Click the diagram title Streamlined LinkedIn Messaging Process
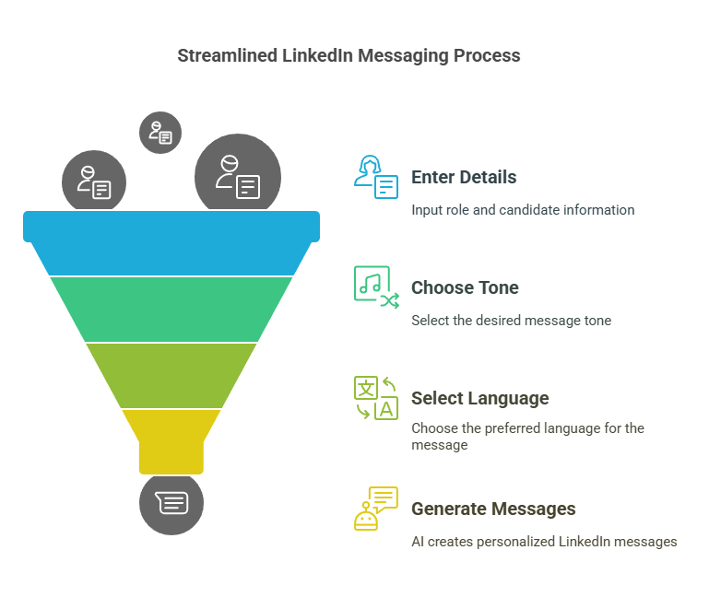tap(349, 55)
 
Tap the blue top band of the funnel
tap(171, 244)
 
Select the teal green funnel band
tap(171, 309)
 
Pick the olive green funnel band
tap(171, 375)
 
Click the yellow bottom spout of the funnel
tap(171, 439)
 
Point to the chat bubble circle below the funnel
tap(171, 503)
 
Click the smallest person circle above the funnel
tap(160, 132)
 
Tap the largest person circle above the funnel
tap(238, 176)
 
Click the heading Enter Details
tap(464, 177)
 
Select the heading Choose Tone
tap(465, 287)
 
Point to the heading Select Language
tap(479, 398)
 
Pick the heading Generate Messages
tap(493, 509)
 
